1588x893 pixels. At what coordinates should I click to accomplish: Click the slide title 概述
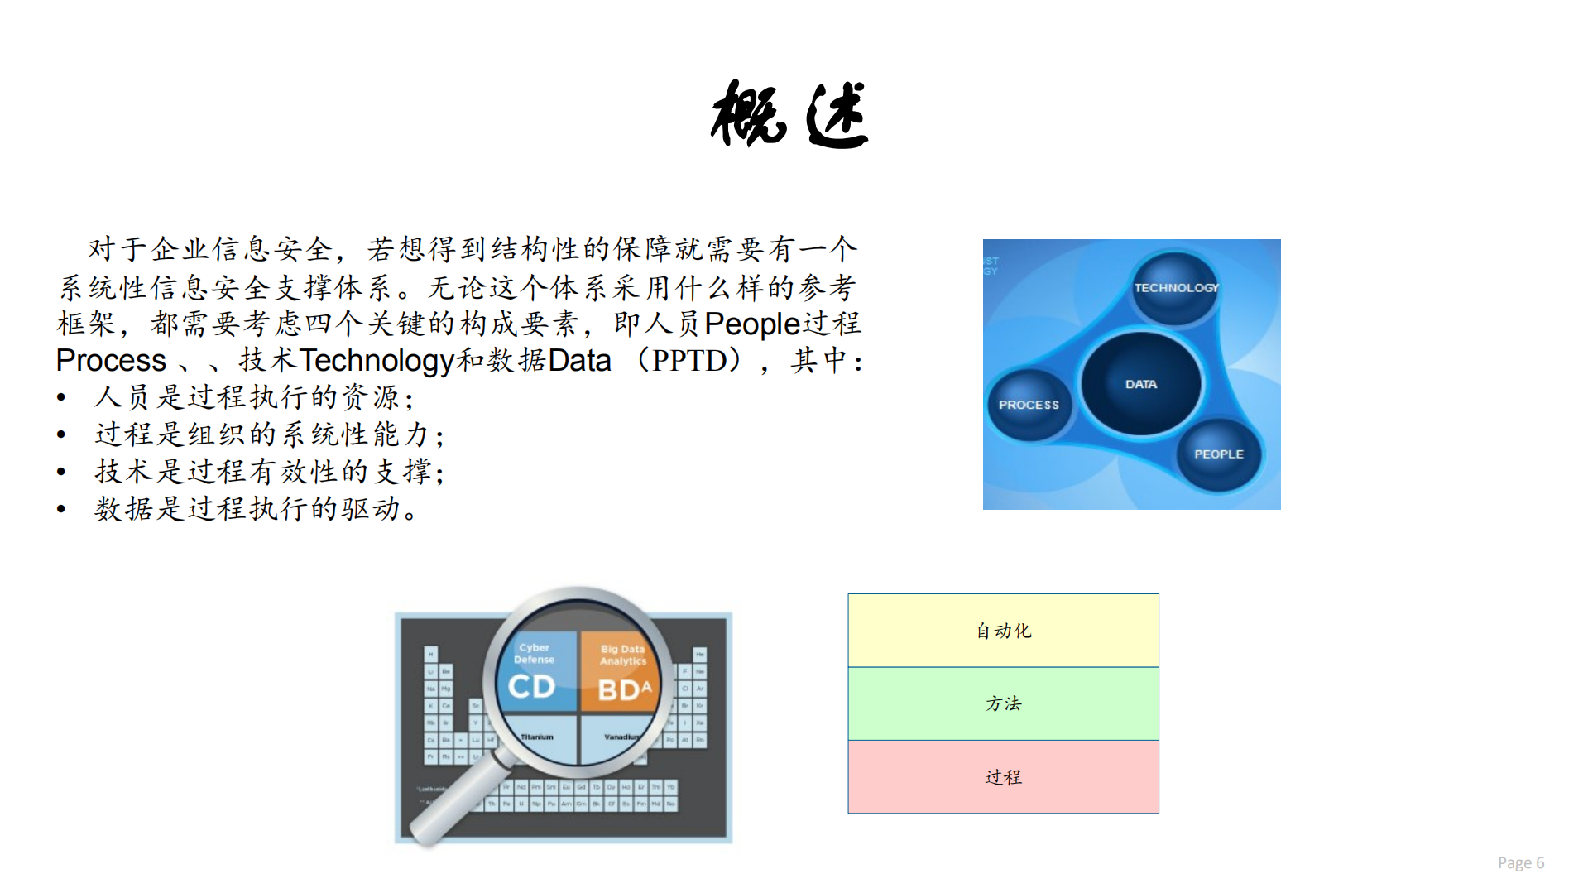point(789,115)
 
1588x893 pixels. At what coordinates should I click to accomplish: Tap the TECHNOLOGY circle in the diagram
point(1175,287)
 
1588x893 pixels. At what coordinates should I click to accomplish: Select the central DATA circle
point(1140,383)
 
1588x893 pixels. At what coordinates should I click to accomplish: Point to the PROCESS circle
point(1029,404)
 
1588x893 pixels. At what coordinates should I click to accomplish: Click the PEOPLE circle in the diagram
point(1218,454)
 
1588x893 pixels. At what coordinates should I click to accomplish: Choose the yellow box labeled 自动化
point(1003,631)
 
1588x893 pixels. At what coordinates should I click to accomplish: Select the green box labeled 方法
point(1003,703)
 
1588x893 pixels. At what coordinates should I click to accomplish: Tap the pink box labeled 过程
point(1003,776)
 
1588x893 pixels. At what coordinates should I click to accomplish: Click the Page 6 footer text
point(1520,862)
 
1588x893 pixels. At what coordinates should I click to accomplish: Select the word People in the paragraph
point(751,324)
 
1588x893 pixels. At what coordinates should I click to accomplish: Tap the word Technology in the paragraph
point(377,361)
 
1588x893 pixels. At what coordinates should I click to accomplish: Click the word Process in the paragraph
point(111,361)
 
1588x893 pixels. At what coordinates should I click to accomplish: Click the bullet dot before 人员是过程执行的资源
point(61,398)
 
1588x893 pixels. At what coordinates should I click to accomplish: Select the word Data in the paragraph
point(579,361)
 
